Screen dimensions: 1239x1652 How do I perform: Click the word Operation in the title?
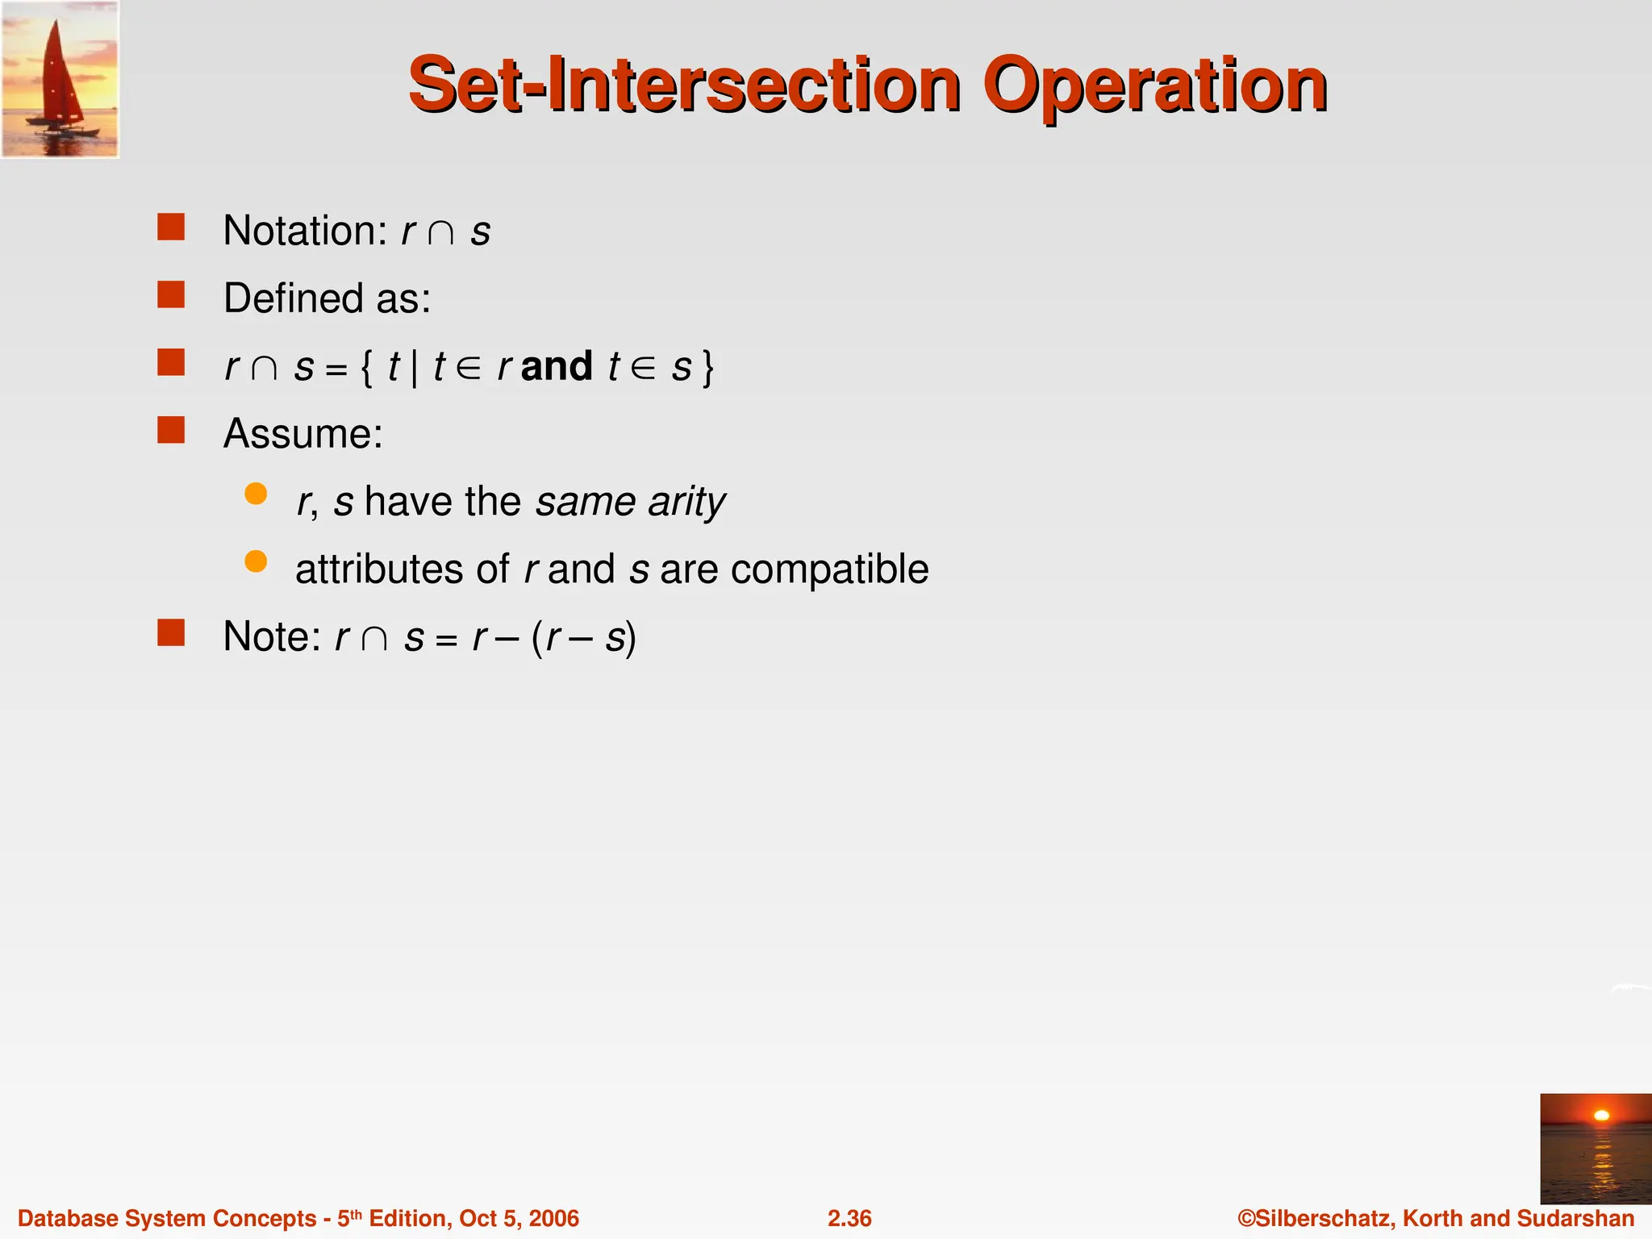coord(1154,86)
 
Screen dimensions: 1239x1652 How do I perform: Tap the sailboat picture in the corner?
coord(60,79)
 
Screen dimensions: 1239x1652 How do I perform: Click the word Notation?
coord(305,231)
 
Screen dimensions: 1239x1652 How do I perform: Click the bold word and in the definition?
coord(557,366)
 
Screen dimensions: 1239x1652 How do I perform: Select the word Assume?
coord(302,434)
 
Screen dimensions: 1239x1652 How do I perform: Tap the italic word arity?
coord(686,502)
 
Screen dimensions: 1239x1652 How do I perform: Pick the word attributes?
coord(379,569)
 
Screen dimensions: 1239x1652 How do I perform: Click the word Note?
coord(271,636)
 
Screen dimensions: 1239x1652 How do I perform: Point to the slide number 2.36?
coord(849,1218)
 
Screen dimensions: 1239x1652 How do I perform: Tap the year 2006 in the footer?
coord(553,1218)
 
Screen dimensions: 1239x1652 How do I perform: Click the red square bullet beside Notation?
coord(171,227)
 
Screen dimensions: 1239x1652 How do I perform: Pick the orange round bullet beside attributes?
coord(256,561)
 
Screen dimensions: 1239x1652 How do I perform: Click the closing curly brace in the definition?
coord(707,368)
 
